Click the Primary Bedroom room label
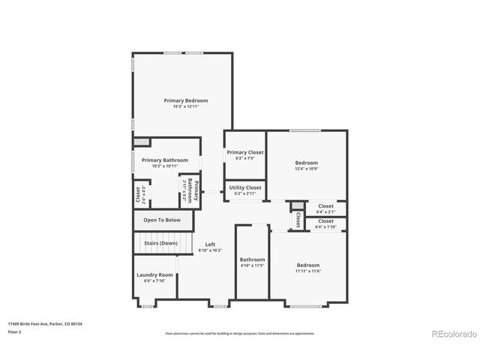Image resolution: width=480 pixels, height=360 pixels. tap(186, 100)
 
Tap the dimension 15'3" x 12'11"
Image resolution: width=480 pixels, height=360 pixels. tap(186, 106)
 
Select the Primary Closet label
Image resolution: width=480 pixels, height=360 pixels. tap(245, 153)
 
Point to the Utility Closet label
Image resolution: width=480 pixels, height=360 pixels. tap(245, 187)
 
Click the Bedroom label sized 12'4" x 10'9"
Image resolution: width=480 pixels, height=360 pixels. tap(306, 163)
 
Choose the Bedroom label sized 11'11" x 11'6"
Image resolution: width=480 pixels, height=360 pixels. tap(307, 265)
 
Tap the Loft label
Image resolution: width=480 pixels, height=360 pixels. tap(210, 244)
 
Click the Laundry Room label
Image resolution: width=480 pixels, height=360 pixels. tap(155, 275)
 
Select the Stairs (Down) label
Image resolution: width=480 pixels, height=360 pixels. tap(159, 243)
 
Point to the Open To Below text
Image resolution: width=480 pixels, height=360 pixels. tap(162, 220)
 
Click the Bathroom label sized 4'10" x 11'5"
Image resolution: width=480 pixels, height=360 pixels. tap(252, 259)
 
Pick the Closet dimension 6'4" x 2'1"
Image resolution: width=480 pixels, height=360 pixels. tap(325, 211)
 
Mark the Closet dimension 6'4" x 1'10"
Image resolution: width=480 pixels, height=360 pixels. tap(325, 226)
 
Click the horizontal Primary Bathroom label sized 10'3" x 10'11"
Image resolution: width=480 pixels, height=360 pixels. tap(164, 160)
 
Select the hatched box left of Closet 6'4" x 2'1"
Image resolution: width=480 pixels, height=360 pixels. tap(298, 206)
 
